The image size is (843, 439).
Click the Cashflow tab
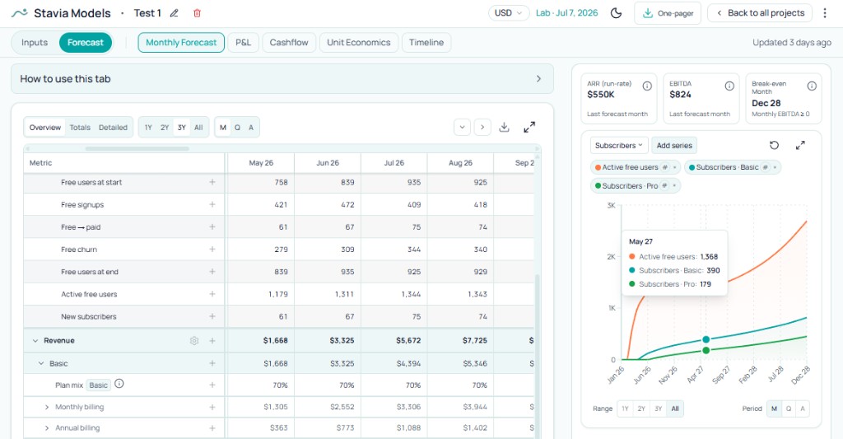(289, 42)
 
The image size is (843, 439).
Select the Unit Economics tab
(359, 42)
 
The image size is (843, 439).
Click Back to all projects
(757, 13)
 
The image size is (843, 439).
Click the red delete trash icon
(197, 13)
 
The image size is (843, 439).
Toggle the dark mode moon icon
(616, 13)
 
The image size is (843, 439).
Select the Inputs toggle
(35, 42)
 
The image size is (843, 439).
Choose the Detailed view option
(113, 127)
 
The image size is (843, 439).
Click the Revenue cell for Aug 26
(459, 340)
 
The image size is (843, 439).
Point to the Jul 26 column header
(394, 163)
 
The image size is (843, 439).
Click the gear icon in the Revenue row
(194, 340)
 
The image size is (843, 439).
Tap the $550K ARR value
(601, 95)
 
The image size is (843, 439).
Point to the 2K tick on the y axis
(611, 257)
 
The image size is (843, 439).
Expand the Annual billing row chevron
(47, 428)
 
